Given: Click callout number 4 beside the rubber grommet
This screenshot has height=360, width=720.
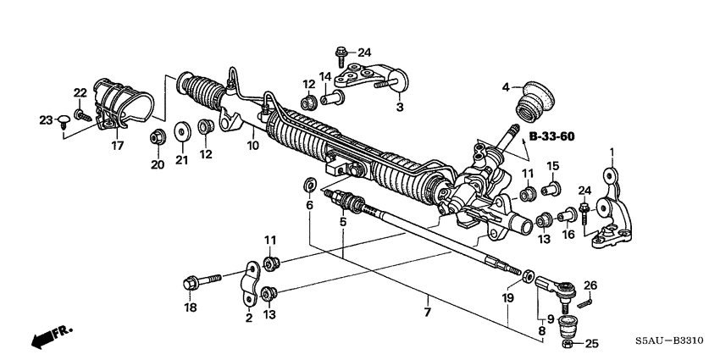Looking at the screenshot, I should (506, 86).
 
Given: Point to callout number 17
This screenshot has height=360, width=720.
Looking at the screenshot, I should (117, 146).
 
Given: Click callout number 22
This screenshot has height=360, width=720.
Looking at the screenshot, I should (80, 92).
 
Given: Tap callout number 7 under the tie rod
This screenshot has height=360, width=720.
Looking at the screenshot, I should (427, 313).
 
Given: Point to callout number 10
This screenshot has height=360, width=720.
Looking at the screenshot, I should (252, 146).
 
